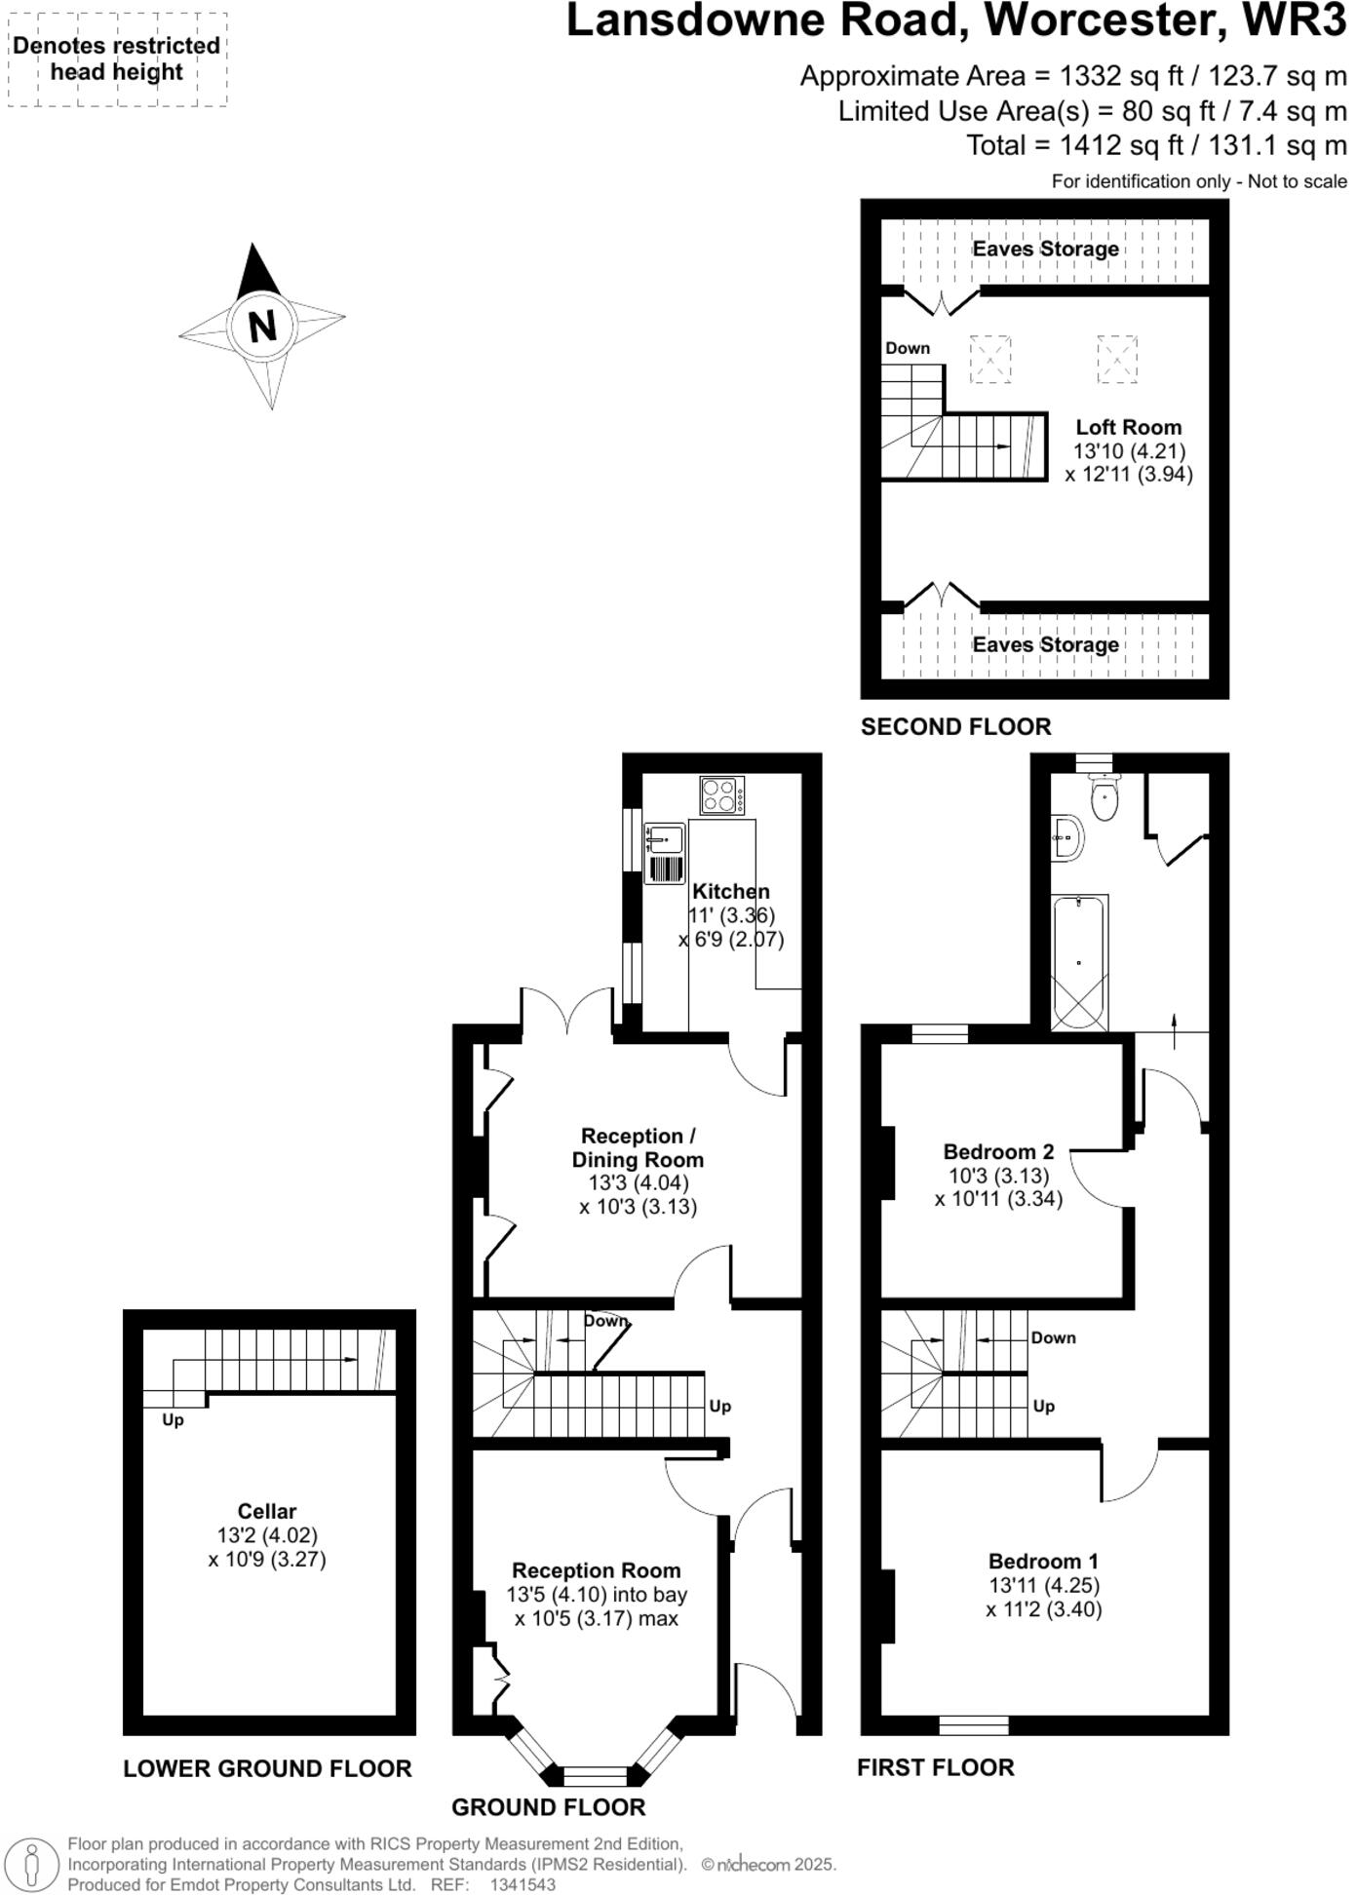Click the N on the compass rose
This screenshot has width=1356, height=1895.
[261, 326]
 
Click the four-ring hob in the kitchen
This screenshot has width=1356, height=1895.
[721, 794]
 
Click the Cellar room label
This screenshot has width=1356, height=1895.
[266, 1511]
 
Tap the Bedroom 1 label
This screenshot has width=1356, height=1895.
[1043, 1561]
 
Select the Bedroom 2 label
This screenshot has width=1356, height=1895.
[998, 1151]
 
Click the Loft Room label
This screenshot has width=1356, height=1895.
[1128, 427]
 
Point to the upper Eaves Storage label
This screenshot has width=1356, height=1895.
[1045, 249]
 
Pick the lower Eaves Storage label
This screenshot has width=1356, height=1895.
[1045, 644]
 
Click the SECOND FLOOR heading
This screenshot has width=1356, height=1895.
[955, 726]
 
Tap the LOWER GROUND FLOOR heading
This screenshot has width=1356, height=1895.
[267, 1768]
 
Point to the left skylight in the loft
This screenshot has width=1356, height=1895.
[989, 359]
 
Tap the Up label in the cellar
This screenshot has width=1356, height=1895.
[173, 1419]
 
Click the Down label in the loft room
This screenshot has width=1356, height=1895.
[907, 348]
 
